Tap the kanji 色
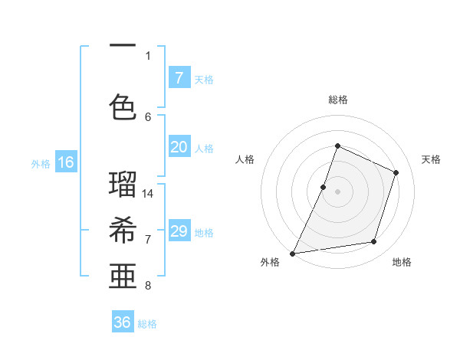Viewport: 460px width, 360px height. point(123,107)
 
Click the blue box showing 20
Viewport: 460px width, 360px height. point(179,148)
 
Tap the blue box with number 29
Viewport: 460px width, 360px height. point(179,231)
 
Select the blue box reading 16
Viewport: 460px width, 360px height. point(65,162)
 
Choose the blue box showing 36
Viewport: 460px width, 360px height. point(123,322)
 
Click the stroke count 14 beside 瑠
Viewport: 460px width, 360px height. point(148,193)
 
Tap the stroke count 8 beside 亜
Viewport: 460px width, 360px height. point(148,286)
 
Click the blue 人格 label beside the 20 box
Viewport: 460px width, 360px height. point(204,149)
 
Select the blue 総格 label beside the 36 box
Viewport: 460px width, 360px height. point(147,324)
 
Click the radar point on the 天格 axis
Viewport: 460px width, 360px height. point(396,172)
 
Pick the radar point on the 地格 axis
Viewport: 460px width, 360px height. point(374,242)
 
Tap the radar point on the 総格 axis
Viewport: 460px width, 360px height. point(337,146)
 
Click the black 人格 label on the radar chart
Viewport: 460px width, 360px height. point(245,159)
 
